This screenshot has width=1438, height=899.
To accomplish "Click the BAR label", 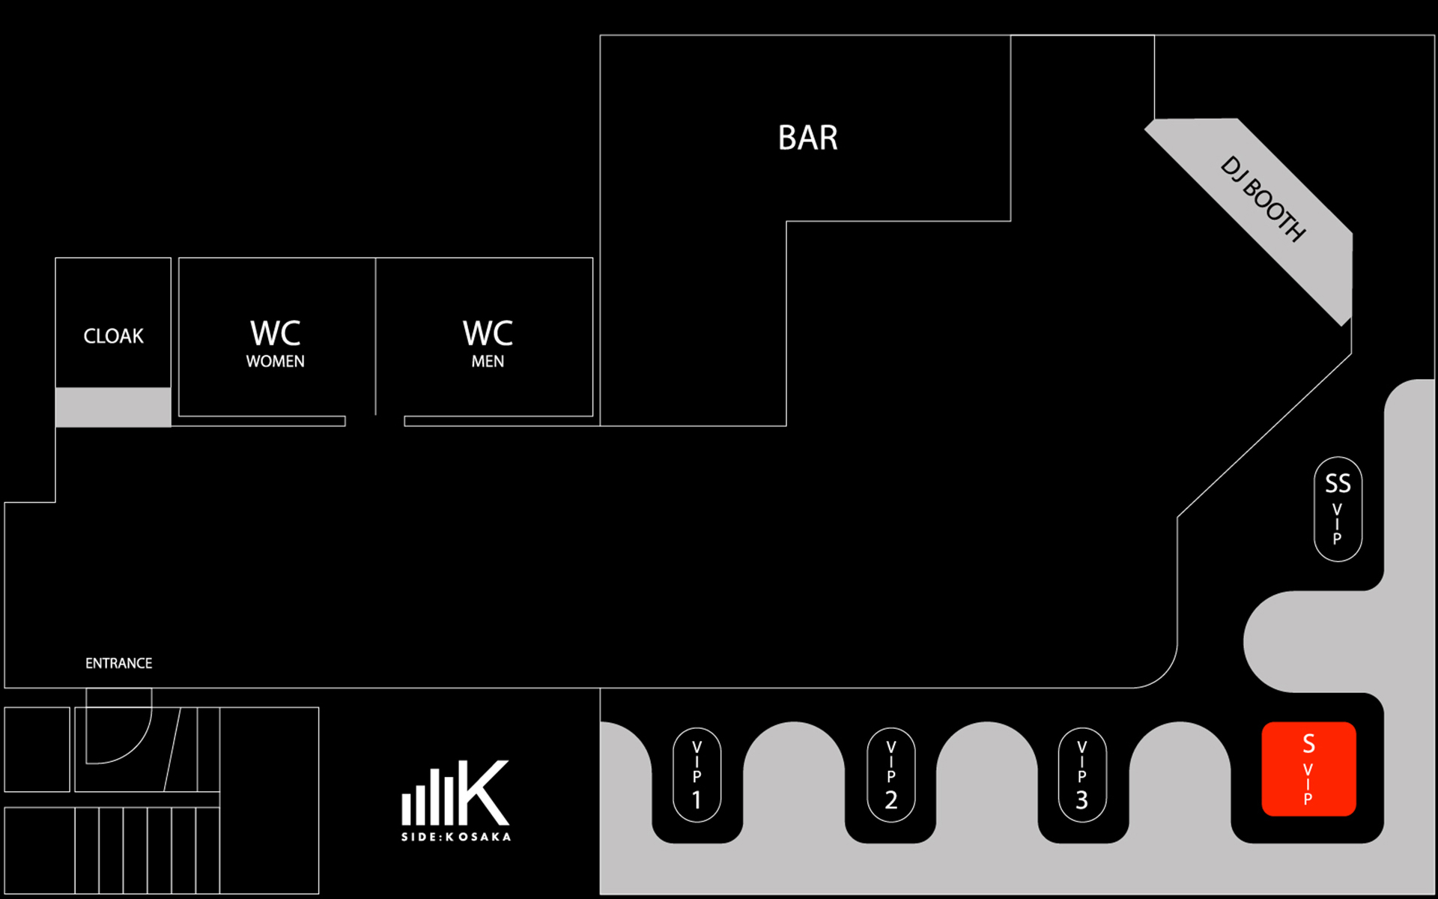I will pyautogui.click(x=807, y=138).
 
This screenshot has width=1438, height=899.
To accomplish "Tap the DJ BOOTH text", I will pyautogui.click(x=1263, y=199).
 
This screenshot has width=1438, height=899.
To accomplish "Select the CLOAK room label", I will pyautogui.click(x=113, y=336).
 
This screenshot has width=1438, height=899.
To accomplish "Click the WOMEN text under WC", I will pyautogui.click(x=275, y=361).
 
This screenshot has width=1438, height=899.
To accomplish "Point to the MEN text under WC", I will pyautogui.click(x=488, y=361).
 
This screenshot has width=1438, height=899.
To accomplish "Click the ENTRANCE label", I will pyautogui.click(x=118, y=663).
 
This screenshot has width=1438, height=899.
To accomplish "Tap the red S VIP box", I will pyautogui.click(x=1308, y=769).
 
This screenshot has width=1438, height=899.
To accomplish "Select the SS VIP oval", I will pyautogui.click(x=1338, y=509).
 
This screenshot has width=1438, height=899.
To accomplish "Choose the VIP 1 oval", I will pyautogui.click(x=697, y=775).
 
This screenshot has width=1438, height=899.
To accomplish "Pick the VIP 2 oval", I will pyautogui.click(x=891, y=775).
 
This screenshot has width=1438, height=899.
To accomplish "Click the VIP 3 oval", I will pyautogui.click(x=1081, y=775).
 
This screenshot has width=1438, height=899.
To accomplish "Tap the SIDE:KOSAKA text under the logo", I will pyautogui.click(x=456, y=837).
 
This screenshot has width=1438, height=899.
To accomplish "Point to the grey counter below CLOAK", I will pyautogui.click(x=113, y=407).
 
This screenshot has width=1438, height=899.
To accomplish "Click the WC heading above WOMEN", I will pyautogui.click(x=275, y=333).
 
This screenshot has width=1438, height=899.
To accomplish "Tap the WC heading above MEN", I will pyautogui.click(x=488, y=333).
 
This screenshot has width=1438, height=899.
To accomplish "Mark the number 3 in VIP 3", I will pyautogui.click(x=1081, y=800).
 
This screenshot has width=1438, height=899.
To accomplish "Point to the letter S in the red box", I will pyautogui.click(x=1308, y=743).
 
